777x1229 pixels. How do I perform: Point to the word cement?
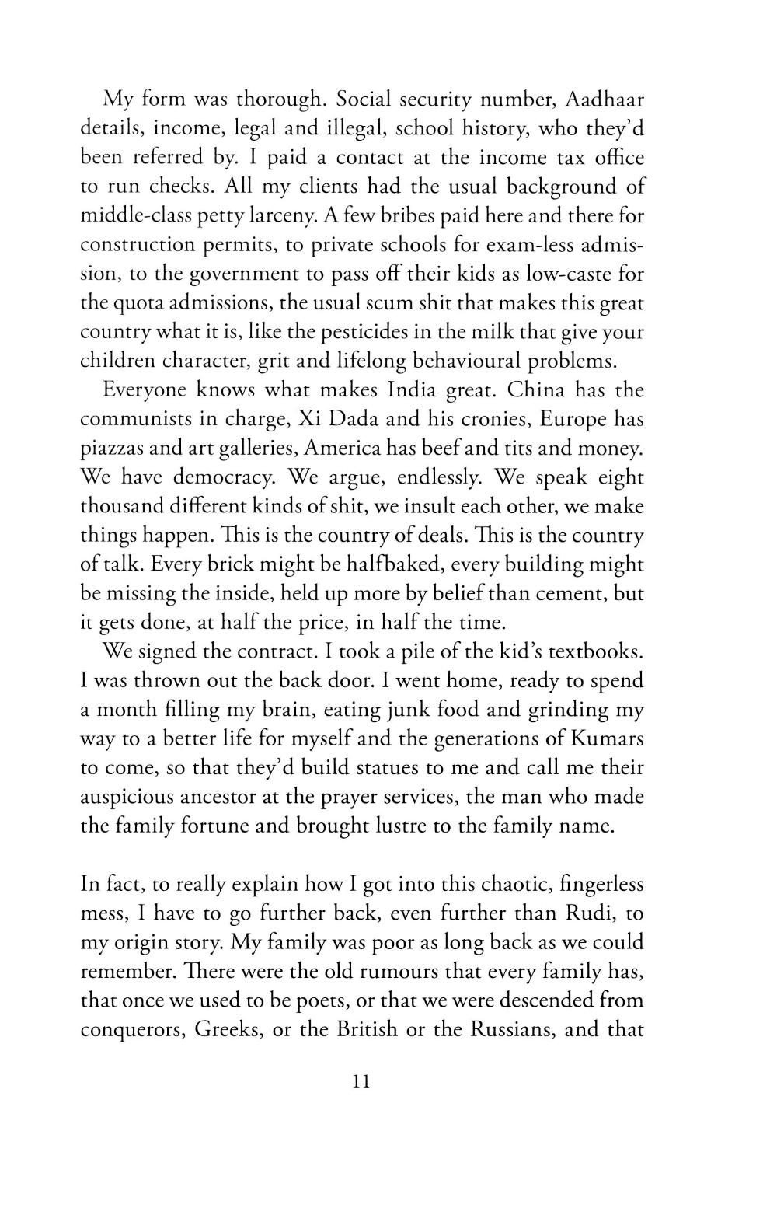pyautogui.click(x=566, y=594)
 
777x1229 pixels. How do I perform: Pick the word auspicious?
pyautogui.click(x=131, y=798)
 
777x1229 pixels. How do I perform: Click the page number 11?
pyautogui.click(x=361, y=1081)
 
